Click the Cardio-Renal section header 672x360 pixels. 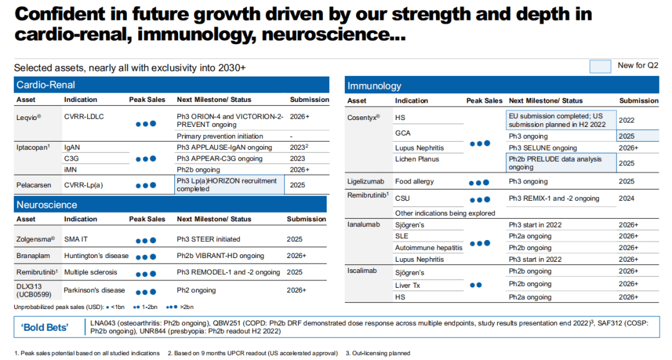click(x=45, y=85)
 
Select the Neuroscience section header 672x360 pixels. click(x=47, y=205)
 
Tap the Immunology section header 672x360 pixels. click(x=374, y=86)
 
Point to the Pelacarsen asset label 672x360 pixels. click(x=34, y=185)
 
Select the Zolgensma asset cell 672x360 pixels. click(x=35, y=239)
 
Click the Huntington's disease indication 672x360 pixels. click(x=96, y=256)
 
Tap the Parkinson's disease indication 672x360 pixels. click(x=95, y=290)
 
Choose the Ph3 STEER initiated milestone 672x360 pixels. click(x=208, y=239)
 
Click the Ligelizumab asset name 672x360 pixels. click(x=366, y=182)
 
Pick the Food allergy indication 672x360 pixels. click(x=414, y=182)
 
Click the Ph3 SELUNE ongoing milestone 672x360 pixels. click(x=543, y=148)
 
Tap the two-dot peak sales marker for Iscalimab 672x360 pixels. click(x=476, y=285)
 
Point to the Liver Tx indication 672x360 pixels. click(x=408, y=285)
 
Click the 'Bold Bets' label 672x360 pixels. click(x=45, y=328)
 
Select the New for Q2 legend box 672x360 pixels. click(x=600, y=67)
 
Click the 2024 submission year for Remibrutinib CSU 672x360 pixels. click(x=626, y=198)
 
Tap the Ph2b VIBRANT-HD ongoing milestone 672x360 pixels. click(x=220, y=256)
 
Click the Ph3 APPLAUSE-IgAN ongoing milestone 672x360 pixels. click(x=224, y=147)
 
